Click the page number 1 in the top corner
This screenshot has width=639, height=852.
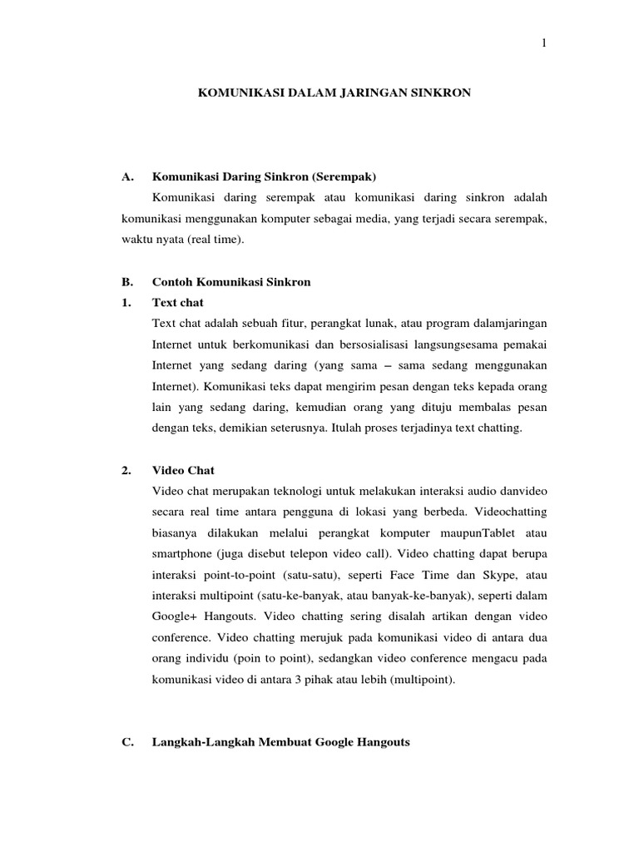pyautogui.click(x=544, y=44)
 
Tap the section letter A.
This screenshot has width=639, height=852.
pyautogui.click(x=126, y=176)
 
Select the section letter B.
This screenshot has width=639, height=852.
pyautogui.click(x=126, y=282)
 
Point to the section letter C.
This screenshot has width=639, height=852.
pyautogui.click(x=126, y=742)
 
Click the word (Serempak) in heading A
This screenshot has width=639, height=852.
pyautogui.click(x=344, y=176)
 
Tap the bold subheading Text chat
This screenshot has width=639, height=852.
pyautogui.click(x=178, y=302)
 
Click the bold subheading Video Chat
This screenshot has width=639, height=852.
pyautogui.click(x=183, y=470)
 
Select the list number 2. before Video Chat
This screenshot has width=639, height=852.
pyautogui.click(x=126, y=470)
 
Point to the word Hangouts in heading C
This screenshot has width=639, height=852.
pyautogui.click(x=381, y=742)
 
